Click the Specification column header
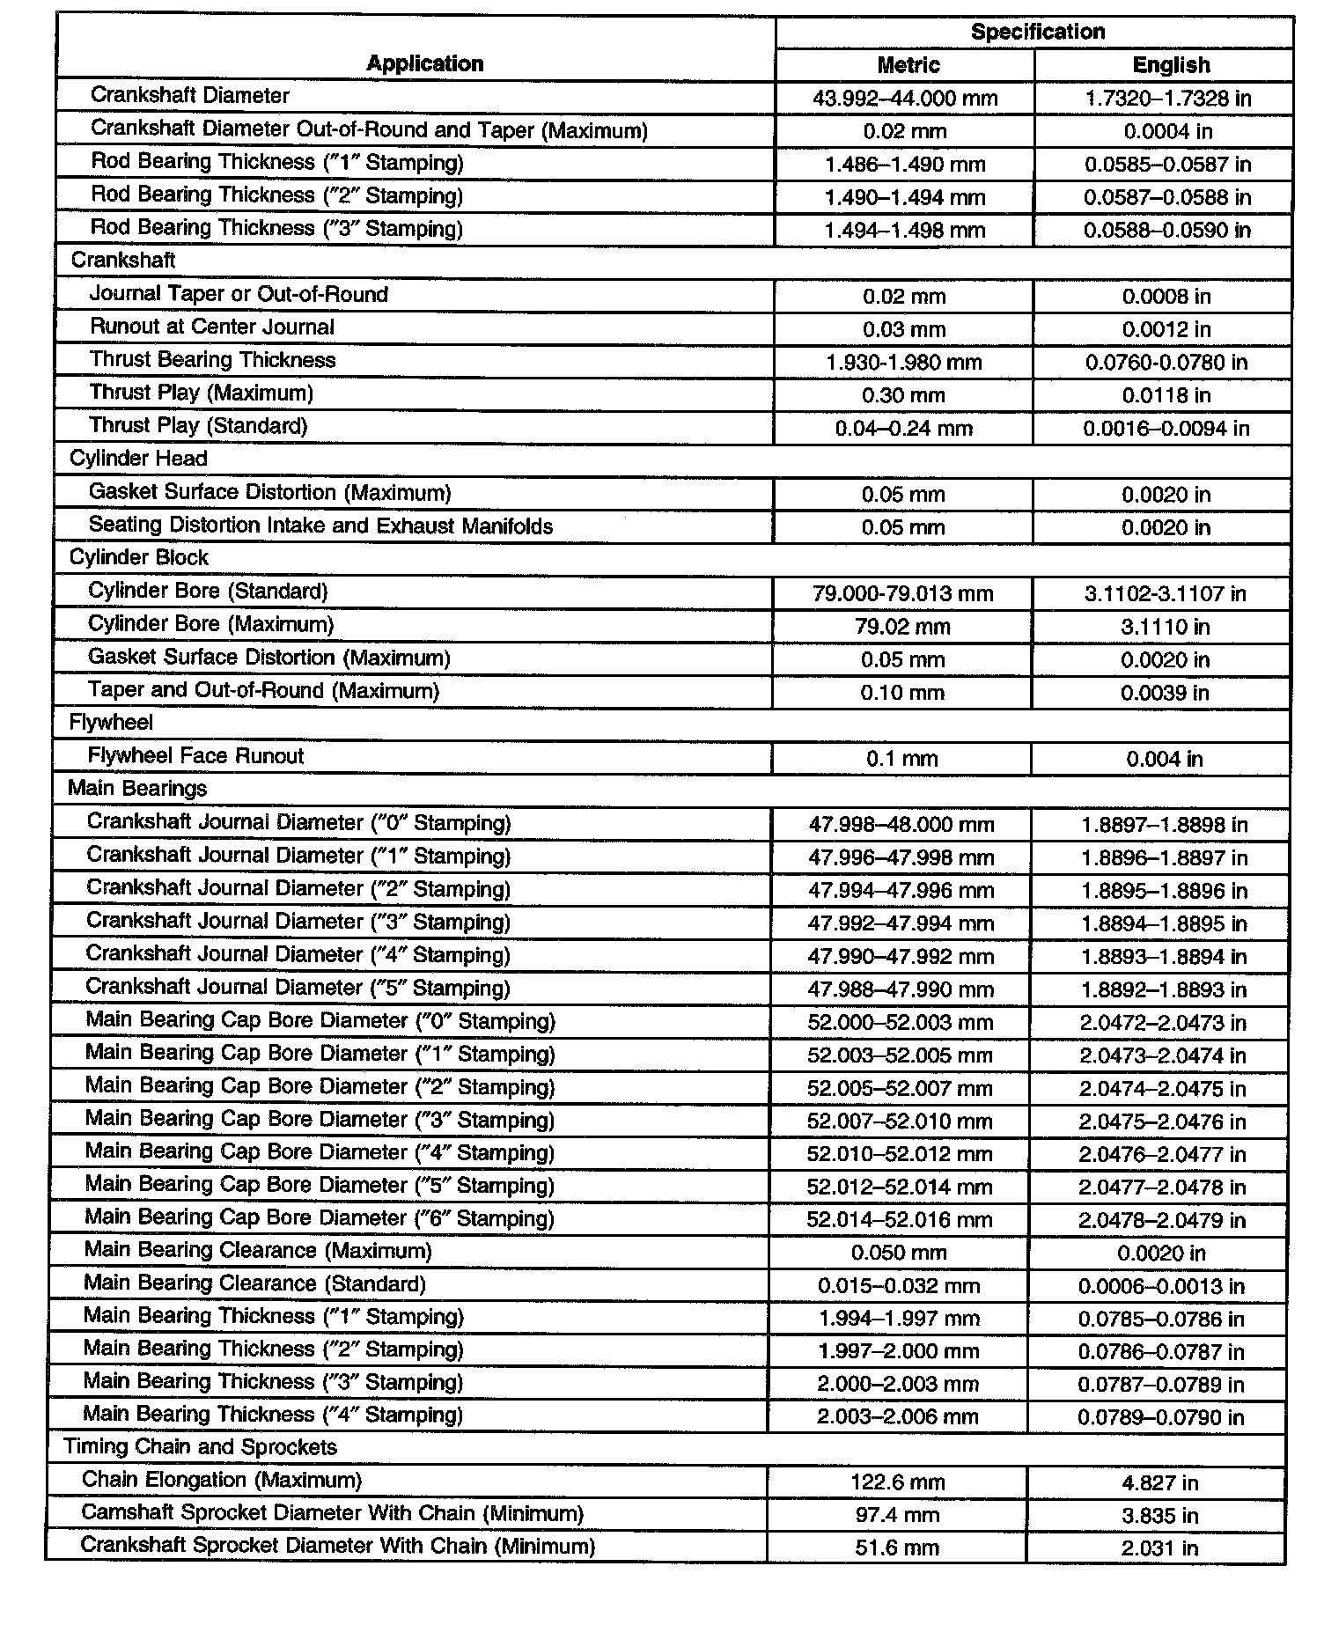pyautogui.click(x=1037, y=32)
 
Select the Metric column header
pyautogui.click(x=908, y=65)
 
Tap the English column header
pyautogui.click(x=1170, y=65)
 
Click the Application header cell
pyautogui.click(x=425, y=63)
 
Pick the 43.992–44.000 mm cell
pyautogui.click(x=905, y=98)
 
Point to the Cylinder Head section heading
pyautogui.click(x=138, y=459)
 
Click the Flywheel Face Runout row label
pyautogui.click(x=195, y=756)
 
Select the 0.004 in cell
pyautogui.click(x=1164, y=759)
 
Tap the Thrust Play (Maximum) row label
pyautogui.click(x=201, y=393)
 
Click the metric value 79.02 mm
pyautogui.click(x=902, y=627)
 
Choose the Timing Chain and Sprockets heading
pyautogui.click(x=200, y=1447)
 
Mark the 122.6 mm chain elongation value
pyautogui.click(x=897, y=1482)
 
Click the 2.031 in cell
pyautogui.click(x=1159, y=1548)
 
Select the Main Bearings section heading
pyautogui.click(x=137, y=789)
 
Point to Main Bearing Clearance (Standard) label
pyautogui.click(x=254, y=1283)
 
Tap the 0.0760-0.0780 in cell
pyautogui.click(x=1166, y=362)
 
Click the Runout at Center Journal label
pyautogui.click(x=212, y=327)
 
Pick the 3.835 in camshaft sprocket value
pyautogui.click(x=1159, y=1515)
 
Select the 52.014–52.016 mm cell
pyautogui.click(x=899, y=1220)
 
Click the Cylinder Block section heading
pyautogui.click(x=138, y=558)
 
